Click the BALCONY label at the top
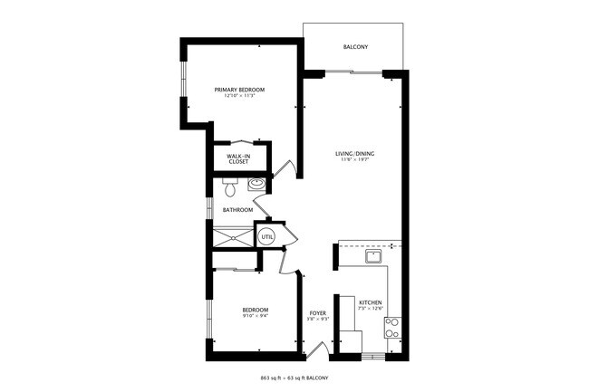tap(355, 47)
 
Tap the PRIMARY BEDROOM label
tap(239, 90)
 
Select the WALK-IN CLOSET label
tap(238, 158)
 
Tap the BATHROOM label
tap(237, 210)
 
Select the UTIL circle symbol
tap(266, 237)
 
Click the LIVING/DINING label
tap(355, 154)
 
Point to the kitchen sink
tap(372, 257)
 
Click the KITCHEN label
tap(370, 302)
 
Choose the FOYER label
tap(317, 312)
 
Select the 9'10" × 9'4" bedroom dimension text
tap(255, 316)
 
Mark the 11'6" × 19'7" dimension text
tap(355, 160)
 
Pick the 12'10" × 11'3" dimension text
tap(239, 96)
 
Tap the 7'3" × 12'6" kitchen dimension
tap(370, 309)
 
